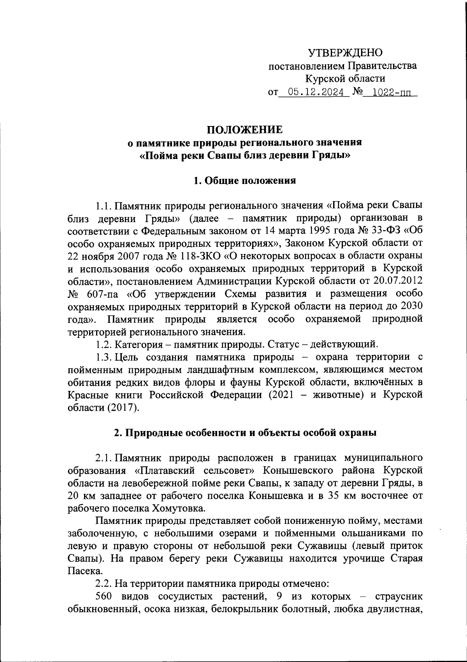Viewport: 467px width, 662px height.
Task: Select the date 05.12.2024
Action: [313, 92]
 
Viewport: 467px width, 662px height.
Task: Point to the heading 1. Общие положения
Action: [245, 180]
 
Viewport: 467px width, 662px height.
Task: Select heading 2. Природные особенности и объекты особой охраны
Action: [245, 433]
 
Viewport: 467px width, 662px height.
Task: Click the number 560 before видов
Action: [104, 597]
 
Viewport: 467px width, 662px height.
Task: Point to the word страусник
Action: [399, 597]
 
